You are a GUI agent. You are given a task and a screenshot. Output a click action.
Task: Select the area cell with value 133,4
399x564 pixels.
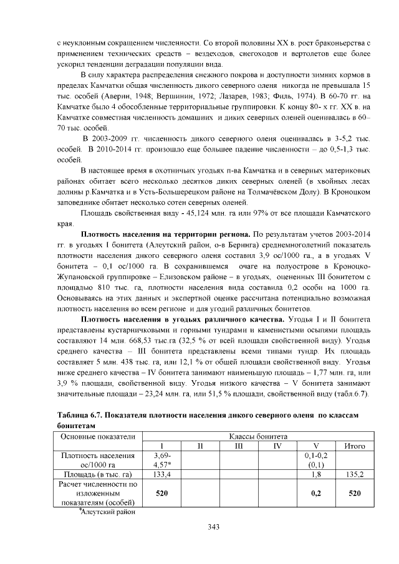coord(161,475)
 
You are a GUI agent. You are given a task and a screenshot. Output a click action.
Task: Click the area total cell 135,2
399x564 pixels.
coord(354,475)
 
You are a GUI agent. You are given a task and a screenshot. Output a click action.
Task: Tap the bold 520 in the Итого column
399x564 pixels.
coord(354,493)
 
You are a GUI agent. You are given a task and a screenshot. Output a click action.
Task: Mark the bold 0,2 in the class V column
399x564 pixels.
coord(315,493)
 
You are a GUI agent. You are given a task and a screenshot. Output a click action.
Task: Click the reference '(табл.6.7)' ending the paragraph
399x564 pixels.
coord(354,394)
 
